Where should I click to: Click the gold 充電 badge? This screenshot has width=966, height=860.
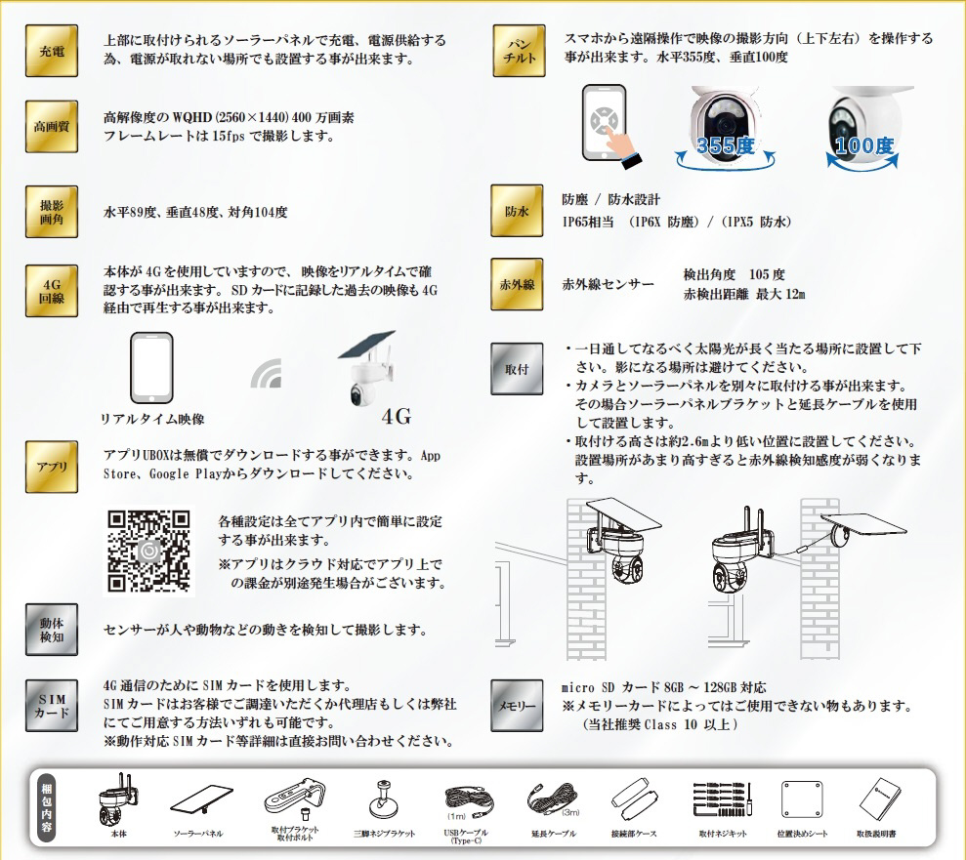tap(52, 51)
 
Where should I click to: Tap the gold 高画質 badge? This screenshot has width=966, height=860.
tap(52, 126)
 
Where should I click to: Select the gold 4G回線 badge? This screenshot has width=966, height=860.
tap(52, 291)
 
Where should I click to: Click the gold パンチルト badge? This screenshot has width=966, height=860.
tap(519, 51)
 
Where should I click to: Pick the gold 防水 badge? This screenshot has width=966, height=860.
tap(517, 211)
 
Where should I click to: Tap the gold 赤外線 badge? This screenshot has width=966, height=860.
tap(517, 284)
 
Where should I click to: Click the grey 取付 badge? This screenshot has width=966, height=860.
tap(517, 369)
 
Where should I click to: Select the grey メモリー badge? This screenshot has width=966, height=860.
tap(517, 706)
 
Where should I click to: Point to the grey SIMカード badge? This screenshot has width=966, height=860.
tap(52, 706)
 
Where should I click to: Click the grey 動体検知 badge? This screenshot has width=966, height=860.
tap(52, 630)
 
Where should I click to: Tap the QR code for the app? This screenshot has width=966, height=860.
tap(148, 551)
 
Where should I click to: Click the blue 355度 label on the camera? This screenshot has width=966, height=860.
tap(725, 145)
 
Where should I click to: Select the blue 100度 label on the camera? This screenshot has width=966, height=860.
tap(864, 145)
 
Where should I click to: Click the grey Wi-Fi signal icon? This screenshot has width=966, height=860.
tap(268, 373)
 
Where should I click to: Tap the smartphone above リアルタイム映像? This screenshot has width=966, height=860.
tap(151, 368)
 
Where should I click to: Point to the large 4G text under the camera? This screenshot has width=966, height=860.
tap(397, 417)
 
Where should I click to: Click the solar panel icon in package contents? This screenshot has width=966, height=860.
tap(201, 799)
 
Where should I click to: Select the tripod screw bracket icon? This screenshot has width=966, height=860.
tap(383, 799)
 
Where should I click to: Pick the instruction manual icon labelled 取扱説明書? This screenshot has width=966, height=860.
tap(879, 799)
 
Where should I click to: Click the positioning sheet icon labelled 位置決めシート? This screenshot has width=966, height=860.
tap(802, 799)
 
